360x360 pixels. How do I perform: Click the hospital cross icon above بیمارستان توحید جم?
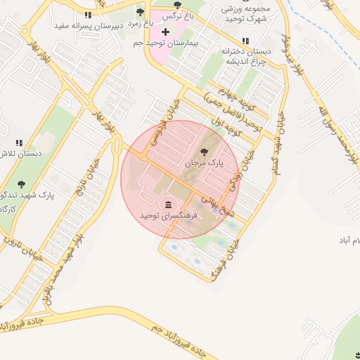(166, 32)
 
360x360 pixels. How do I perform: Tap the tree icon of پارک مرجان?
(205, 151)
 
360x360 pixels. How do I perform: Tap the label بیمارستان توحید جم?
(166, 44)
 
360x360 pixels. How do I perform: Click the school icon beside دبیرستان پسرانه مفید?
(88, 14)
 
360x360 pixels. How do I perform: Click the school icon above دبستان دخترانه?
(245, 41)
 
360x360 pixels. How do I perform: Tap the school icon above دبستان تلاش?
(19, 142)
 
